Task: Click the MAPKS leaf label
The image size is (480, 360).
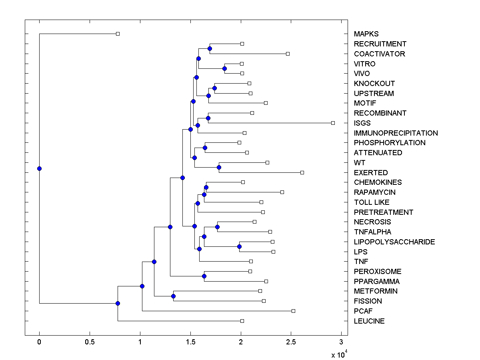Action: click(366, 34)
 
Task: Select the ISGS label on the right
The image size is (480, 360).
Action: click(362, 123)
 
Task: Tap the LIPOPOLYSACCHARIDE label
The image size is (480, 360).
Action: click(394, 242)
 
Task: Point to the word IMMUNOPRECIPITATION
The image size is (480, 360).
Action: click(396, 133)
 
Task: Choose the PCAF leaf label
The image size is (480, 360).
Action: click(363, 311)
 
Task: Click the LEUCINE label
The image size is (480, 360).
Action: click(369, 321)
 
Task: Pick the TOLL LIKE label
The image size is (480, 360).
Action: click(371, 202)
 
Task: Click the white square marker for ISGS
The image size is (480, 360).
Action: click(333, 123)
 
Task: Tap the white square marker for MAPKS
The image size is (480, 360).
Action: click(118, 34)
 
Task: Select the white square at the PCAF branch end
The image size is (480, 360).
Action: click(293, 311)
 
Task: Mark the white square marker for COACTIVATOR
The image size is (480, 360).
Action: click(288, 54)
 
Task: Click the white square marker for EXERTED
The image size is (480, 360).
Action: click(302, 172)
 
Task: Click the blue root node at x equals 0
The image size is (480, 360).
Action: click(39, 168)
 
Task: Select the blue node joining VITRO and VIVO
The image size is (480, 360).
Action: click(225, 69)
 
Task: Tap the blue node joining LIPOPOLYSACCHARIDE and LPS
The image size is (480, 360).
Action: click(239, 246)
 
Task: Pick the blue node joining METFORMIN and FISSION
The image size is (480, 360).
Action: click(173, 296)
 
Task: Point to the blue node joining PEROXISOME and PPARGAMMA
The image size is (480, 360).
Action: click(204, 276)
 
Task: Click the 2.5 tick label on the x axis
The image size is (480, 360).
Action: click(291, 342)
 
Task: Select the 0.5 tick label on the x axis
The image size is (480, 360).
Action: click(90, 342)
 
